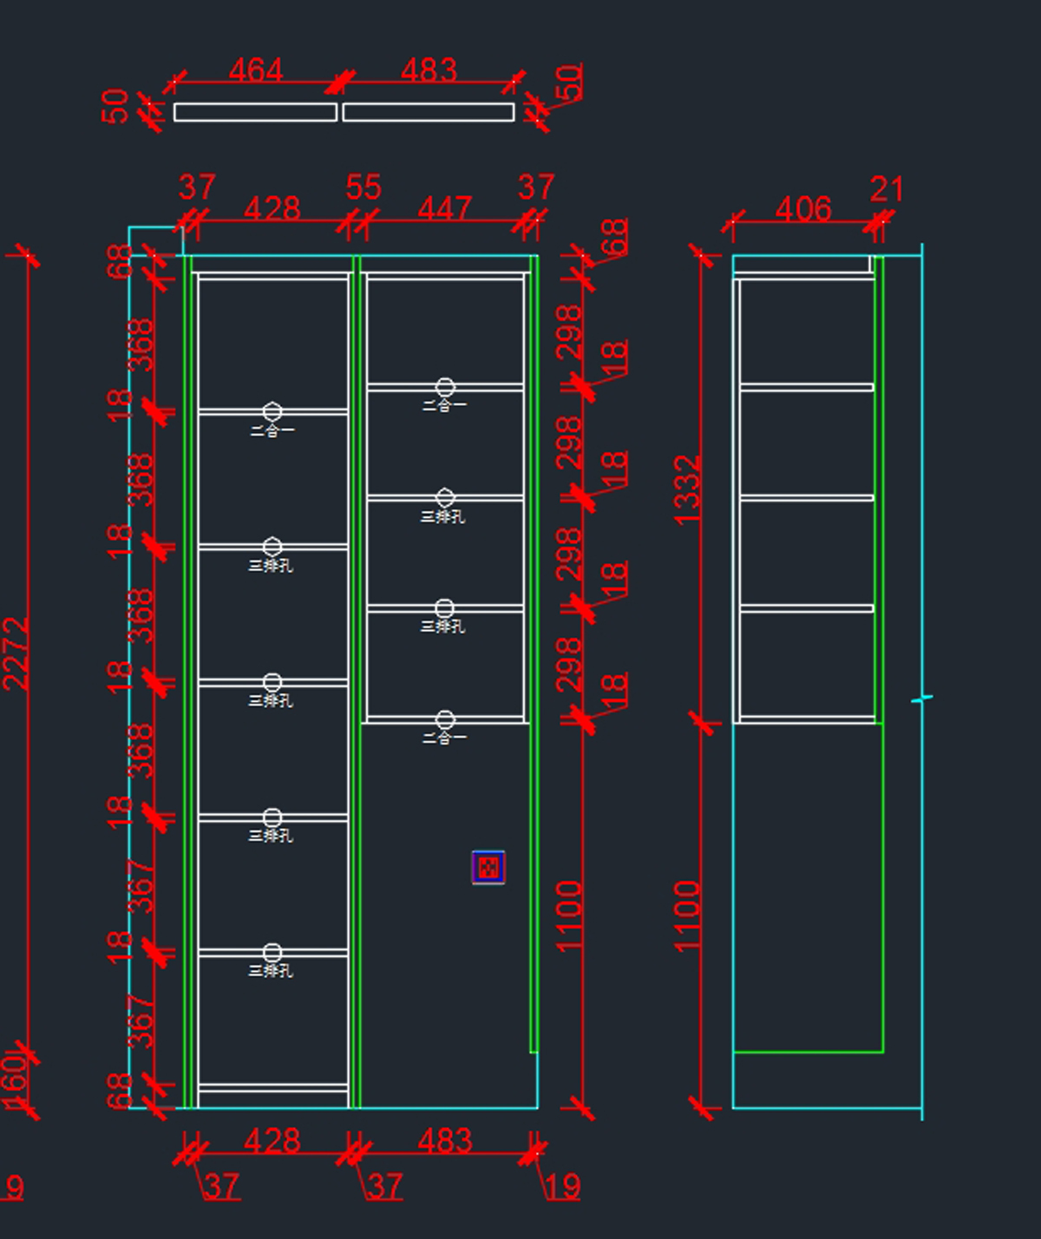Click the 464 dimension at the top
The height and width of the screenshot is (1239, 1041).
256,69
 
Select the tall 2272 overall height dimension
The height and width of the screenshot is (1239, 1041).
16,653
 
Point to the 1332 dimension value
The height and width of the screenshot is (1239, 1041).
687,489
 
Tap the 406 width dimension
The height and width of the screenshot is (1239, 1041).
803,209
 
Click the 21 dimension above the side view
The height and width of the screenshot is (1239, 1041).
887,188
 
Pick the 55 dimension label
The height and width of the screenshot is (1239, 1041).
363,187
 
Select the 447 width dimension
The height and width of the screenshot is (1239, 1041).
444,208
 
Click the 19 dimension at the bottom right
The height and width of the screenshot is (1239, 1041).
563,1186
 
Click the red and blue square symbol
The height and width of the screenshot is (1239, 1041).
488,867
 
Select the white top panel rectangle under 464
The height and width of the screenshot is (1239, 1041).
255,112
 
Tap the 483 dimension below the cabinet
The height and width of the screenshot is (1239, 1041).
444,1140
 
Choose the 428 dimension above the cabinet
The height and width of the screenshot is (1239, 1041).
272,208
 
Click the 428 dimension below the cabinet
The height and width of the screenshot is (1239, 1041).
272,1140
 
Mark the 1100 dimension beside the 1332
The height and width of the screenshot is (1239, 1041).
687,915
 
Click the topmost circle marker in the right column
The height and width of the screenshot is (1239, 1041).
445,387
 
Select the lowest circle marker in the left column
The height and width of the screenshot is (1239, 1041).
272,953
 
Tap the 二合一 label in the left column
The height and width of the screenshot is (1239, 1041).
272,429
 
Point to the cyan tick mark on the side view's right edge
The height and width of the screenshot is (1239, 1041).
922,698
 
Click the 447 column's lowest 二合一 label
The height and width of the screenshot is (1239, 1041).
444,737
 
